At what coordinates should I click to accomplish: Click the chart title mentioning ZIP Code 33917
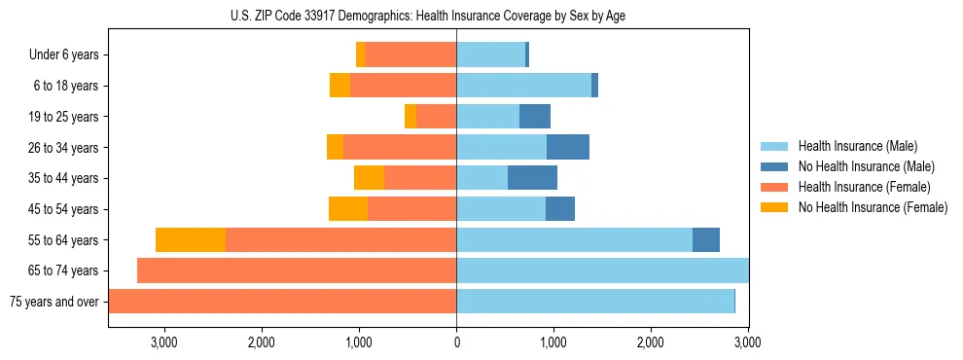(x=428, y=16)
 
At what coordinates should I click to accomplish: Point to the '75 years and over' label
(x=54, y=302)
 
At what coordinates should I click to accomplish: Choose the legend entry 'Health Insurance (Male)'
(x=857, y=146)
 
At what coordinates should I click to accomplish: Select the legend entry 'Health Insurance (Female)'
(x=864, y=187)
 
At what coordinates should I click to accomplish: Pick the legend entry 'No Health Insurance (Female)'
(x=873, y=207)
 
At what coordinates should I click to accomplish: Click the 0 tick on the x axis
(x=456, y=342)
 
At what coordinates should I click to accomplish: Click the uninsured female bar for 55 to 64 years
(x=191, y=240)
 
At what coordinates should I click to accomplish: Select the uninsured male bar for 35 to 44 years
(x=532, y=178)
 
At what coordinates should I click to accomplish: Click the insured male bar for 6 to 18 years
(x=523, y=86)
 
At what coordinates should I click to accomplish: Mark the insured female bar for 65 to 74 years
(x=297, y=270)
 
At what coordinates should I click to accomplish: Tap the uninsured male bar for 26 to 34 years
(x=568, y=148)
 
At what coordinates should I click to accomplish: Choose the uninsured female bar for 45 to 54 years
(x=348, y=209)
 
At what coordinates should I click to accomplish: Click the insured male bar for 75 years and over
(x=595, y=302)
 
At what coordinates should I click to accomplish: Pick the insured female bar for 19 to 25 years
(x=436, y=117)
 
